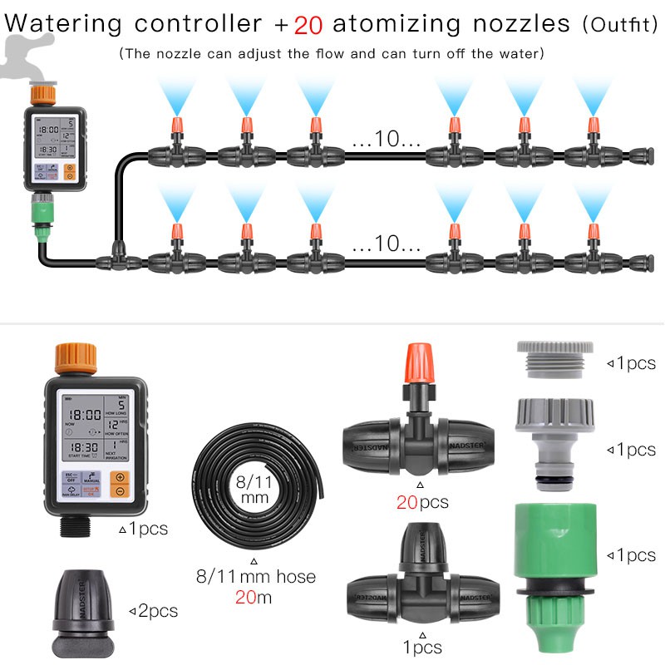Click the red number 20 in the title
click(x=308, y=23)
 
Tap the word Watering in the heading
click(x=62, y=22)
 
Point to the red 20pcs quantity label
click(x=421, y=502)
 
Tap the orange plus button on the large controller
click(x=120, y=479)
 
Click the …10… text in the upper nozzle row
click(x=386, y=140)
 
